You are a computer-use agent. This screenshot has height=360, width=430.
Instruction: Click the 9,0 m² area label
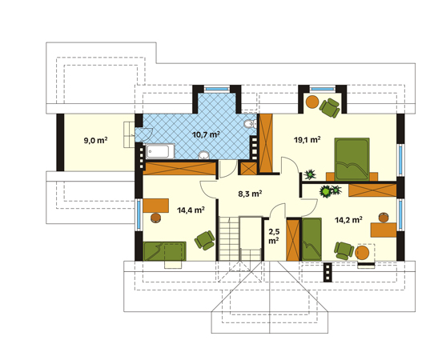tap(95, 141)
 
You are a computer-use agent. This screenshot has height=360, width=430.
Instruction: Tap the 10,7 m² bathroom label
tap(206, 134)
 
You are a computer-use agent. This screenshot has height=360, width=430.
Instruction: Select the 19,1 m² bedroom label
tap(307, 140)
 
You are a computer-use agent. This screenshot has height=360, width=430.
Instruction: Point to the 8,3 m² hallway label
tap(250, 194)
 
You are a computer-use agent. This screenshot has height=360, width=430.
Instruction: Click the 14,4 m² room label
tap(191, 210)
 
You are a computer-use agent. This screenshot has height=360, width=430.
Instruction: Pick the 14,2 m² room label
tap(348, 220)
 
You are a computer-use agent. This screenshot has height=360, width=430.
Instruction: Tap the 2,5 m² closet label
tap(274, 236)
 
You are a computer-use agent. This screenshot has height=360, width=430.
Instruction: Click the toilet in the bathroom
tap(250, 124)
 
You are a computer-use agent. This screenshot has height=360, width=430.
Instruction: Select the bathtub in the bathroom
tap(160, 151)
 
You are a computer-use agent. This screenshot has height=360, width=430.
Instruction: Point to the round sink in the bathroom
tap(203, 155)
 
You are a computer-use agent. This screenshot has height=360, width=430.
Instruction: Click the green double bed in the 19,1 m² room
tap(352, 159)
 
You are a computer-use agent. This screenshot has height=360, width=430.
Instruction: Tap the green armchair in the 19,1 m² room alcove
tap(330, 108)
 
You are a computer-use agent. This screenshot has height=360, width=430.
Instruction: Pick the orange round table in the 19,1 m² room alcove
tap(312, 102)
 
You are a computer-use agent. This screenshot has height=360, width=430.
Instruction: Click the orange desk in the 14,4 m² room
tap(156, 206)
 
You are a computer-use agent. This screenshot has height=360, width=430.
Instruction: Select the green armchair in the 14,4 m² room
tap(204, 240)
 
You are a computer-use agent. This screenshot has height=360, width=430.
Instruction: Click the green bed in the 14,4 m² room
tap(164, 251)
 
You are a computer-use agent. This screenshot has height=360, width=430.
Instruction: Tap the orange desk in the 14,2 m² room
tap(384, 230)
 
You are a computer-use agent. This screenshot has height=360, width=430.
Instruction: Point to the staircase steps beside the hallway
tap(229, 238)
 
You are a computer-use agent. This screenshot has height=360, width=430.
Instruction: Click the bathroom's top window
tap(217, 89)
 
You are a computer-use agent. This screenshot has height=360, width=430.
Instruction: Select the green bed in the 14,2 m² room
tap(311, 239)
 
